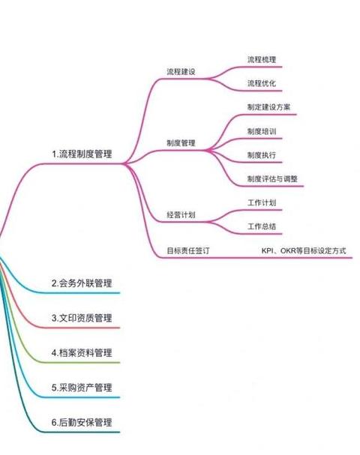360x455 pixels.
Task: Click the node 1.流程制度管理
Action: pos(82,154)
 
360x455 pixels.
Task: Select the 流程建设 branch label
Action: pos(181,71)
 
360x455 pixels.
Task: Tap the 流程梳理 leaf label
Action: pos(262,59)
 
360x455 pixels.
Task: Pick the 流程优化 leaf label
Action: pos(262,83)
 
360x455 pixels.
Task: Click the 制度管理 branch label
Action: pos(181,142)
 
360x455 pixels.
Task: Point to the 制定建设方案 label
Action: pos(268,107)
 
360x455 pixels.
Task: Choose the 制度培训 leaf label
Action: pos(262,131)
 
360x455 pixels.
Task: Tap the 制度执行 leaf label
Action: pos(262,155)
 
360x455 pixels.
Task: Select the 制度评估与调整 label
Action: pos(272,178)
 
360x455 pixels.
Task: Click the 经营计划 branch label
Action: pos(181,214)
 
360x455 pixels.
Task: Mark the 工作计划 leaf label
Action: pos(262,202)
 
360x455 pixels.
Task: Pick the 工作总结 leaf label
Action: pos(262,226)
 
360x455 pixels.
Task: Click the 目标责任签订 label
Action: pos(188,250)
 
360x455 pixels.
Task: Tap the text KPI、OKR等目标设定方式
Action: pos(304,250)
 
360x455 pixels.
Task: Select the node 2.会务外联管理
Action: pos(82,283)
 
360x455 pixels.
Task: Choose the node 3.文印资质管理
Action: pos(82,318)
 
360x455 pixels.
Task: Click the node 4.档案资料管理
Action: pos(82,353)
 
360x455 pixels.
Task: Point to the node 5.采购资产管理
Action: pos(82,388)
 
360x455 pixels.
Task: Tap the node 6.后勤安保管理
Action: pos(82,423)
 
